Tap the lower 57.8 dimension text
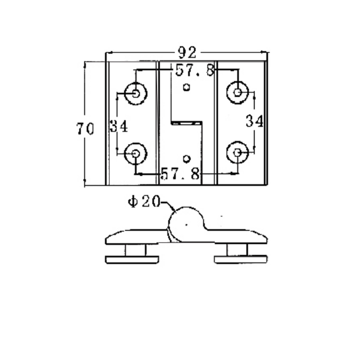tap(180, 173)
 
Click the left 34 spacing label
tap(119, 126)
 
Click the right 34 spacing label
tap(254, 121)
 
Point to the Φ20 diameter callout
tap(143, 202)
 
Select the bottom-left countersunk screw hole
tap(135, 154)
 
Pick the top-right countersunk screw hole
tap(237, 93)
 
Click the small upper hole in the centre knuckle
tap(187, 87)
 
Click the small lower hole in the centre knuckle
tap(187, 158)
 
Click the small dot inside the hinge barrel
tap(186, 224)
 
